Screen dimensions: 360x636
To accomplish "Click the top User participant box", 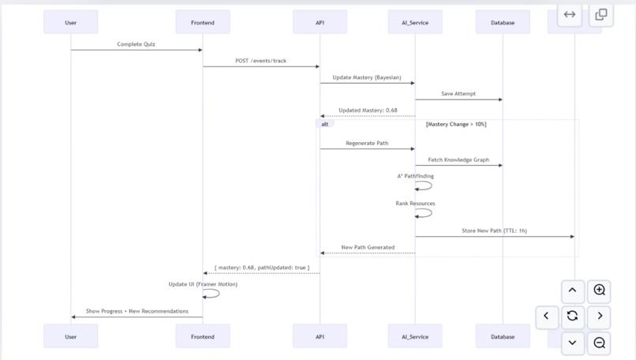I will pyautogui.click(x=71, y=22).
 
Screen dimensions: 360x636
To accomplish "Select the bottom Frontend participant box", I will pyautogui.click(x=203, y=336).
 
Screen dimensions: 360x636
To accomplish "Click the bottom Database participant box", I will pyautogui.click(x=503, y=336).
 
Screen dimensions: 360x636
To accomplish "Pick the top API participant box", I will pyautogui.click(x=320, y=22).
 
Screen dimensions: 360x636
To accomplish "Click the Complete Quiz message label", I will pyautogui.click(x=137, y=44).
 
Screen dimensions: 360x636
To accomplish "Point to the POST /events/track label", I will pyautogui.click(x=261, y=61).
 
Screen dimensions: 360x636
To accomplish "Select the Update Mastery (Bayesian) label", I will pyautogui.click(x=367, y=77).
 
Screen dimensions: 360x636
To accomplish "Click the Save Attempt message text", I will pyautogui.click(x=458, y=94).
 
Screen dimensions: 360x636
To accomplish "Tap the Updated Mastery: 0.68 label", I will pyautogui.click(x=367, y=111).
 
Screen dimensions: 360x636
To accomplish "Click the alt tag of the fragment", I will pyautogui.click(x=325, y=124).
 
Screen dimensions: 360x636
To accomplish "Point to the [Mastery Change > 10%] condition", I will pyautogui.click(x=456, y=124).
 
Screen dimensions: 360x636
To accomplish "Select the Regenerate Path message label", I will pyautogui.click(x=367, y=143).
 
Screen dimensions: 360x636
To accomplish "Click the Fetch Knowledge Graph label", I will pyautogui.click(x=458, y=159).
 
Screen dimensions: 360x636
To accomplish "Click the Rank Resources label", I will pyautogui.click(x=415, y=203).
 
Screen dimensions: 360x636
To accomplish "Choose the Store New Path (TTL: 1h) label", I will pyautogui.click(x=495, y=231).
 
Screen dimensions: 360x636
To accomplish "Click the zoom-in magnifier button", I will pyautogui.click(x=600, y=291).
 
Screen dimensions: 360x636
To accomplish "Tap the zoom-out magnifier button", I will pyautogui.click(x=600, y=343).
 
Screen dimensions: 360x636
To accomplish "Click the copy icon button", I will pyautogui.click(x=601, y=14).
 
